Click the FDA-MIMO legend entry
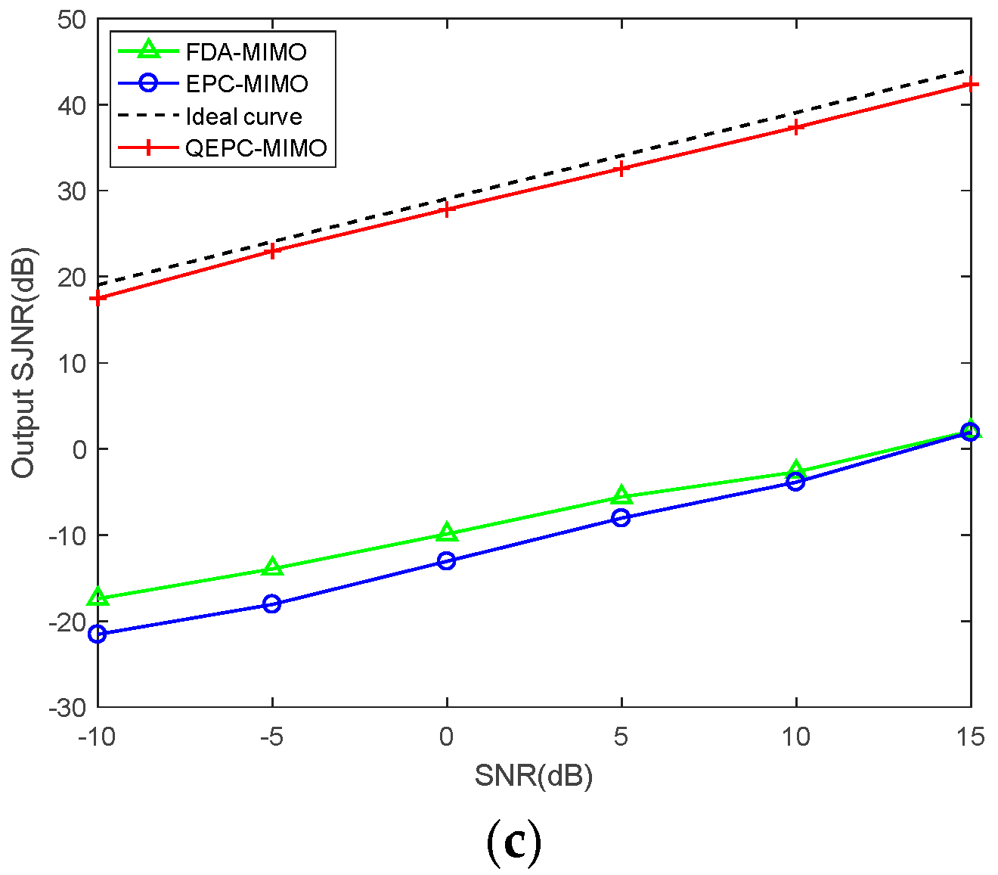(246, 52)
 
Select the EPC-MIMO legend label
(246, 84)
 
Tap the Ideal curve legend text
(243, 116)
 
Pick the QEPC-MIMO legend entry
(256, 148)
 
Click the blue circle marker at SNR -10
(98, 634)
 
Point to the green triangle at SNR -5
(272, 567)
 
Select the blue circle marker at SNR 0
(447, 560)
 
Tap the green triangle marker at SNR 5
(621, 495)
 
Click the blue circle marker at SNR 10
(795, 482)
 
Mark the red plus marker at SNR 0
(447, 209)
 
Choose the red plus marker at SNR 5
(621, 169)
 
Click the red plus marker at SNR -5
(272, 251)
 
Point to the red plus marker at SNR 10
(795, 127)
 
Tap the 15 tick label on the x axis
(970, 736)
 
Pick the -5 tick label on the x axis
(271, 736)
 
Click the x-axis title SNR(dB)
(534, 776)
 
